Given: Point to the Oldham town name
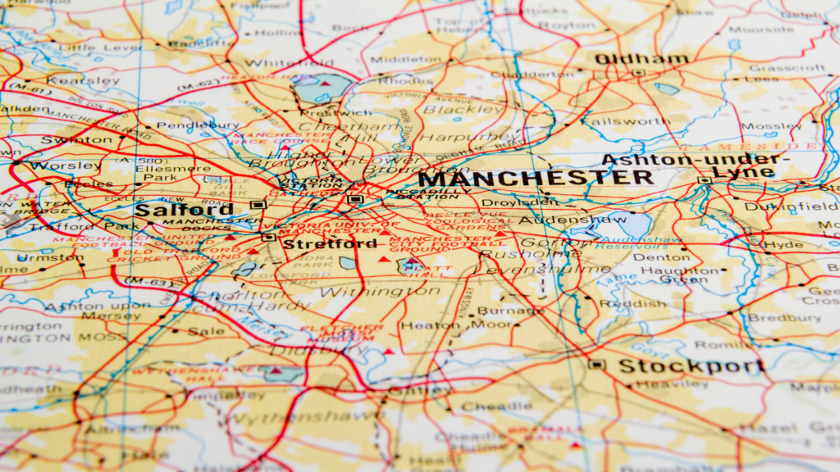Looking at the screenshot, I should pos(641,60).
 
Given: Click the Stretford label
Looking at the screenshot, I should pos(318,243).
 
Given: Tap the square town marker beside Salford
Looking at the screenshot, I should pos(258,205).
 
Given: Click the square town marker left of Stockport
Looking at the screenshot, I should pos(596,365).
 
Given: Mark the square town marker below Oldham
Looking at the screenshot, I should pos(638,73).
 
